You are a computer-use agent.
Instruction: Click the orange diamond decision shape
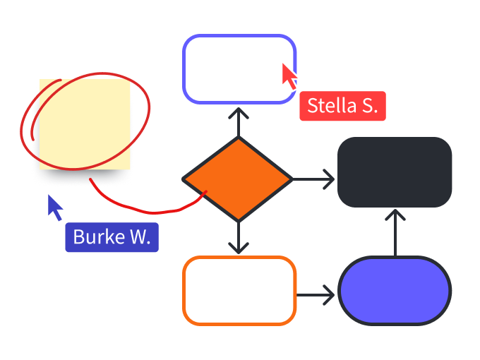(238, 179)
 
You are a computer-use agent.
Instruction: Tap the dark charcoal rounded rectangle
(395, 172)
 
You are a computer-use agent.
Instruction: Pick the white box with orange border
(239, 291)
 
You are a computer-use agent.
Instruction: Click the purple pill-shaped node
(395, 291)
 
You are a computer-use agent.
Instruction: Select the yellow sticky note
(85, 124)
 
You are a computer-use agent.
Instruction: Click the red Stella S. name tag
(342, 107)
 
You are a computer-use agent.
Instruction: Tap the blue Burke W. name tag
(112, 237)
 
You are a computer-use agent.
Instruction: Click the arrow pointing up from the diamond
(239, 121)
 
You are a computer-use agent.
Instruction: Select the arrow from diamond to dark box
(314, 179)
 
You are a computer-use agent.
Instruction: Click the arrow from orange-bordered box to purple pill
(316, 294)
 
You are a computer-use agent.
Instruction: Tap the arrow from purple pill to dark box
(395, 232)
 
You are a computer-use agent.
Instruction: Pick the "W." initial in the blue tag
(140, 237)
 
